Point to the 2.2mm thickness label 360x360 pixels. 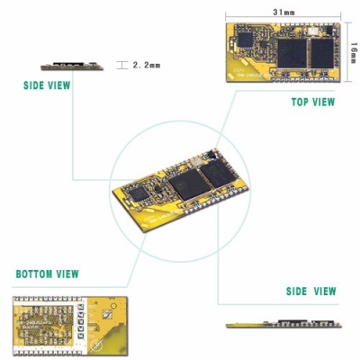coord(146,66)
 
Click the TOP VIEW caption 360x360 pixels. coord(312,102)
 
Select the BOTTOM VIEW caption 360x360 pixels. coord(47,274)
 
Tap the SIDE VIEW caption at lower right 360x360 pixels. coord(310,292)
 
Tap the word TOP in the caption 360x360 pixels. coord(301,102)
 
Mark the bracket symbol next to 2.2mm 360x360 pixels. coord(123,66)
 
